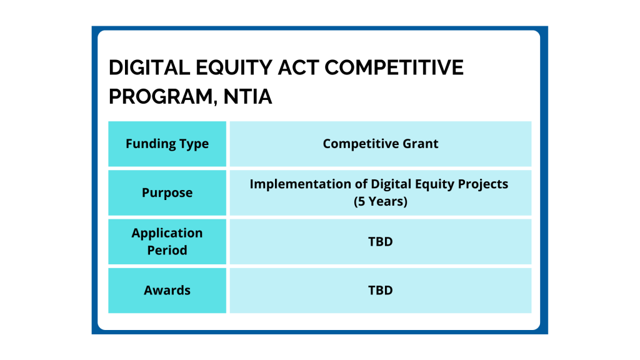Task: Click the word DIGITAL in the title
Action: [149, 67]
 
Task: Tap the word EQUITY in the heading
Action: [234, 67]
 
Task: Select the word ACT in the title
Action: [298, 67]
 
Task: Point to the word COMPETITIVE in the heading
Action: [394, 67]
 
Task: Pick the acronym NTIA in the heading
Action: [247, 97]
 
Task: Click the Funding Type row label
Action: [167, 144]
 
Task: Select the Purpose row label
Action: [167, 192]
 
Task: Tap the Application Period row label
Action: [167, 241]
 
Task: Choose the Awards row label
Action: [167, 290]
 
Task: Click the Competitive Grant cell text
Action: [381, 144]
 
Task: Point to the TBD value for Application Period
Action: [381, 242]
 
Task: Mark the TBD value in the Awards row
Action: [381, 290]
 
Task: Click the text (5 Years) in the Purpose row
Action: [381, 201]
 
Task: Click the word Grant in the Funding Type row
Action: [421, 144]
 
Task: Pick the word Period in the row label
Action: [167, 250]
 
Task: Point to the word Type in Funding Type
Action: [196, 144]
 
